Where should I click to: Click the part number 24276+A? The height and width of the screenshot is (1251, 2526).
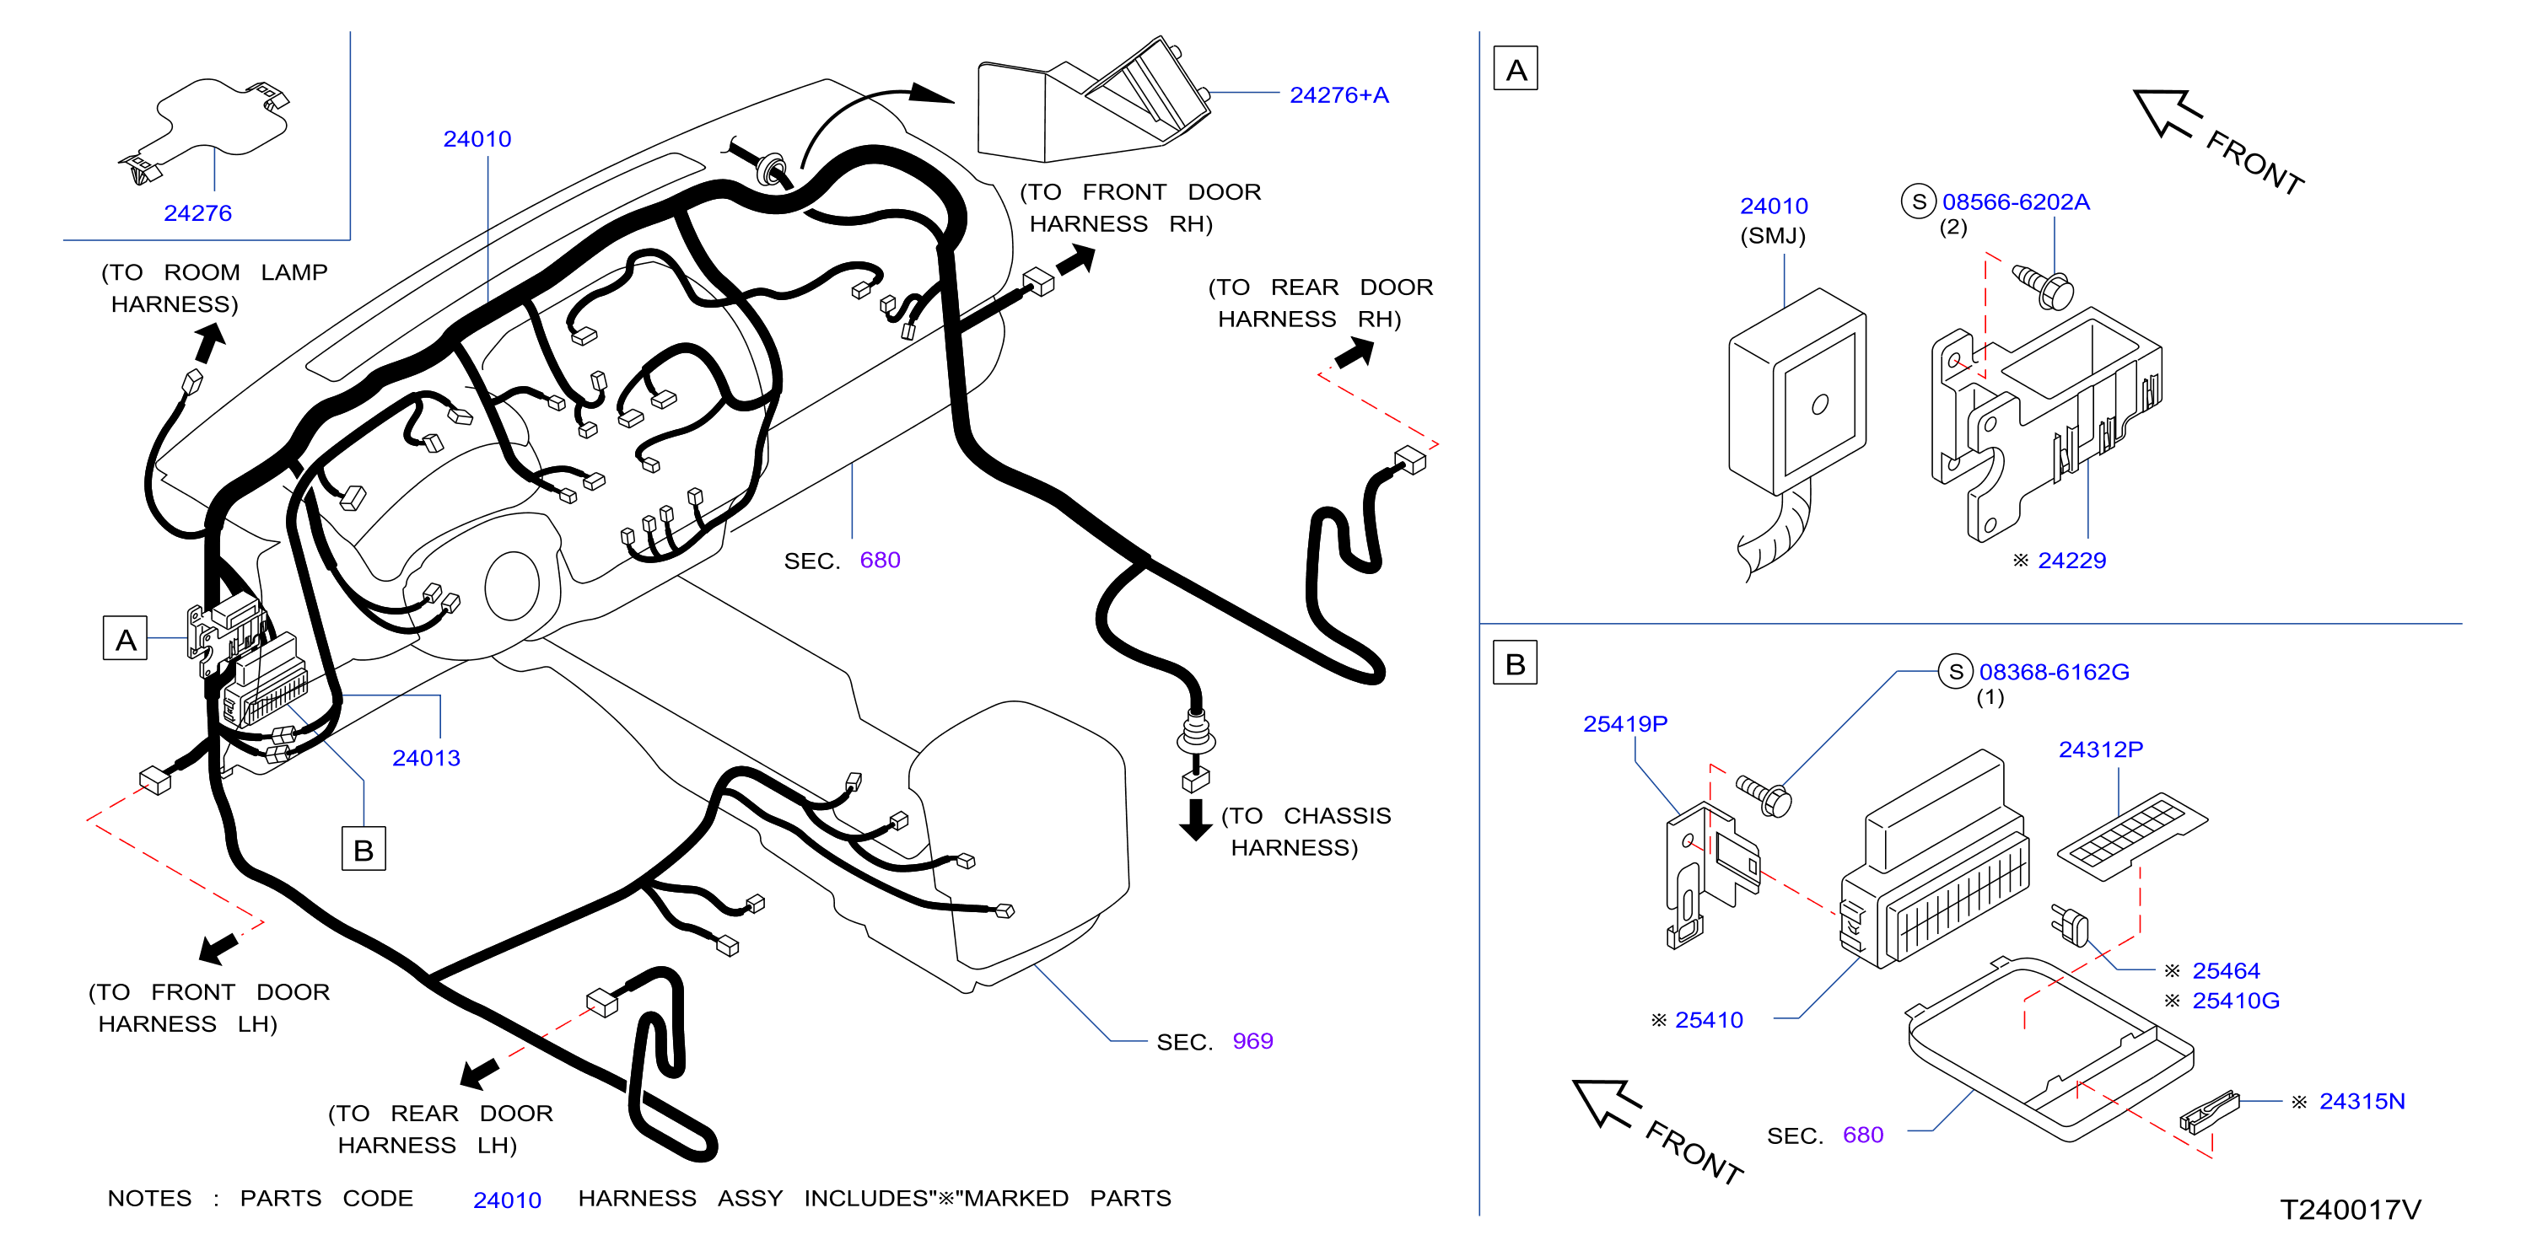click(x=1338, y=95)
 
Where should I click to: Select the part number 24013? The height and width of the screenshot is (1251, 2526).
click(x=426, y=758)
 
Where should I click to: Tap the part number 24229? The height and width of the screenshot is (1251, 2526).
click(x=2071, y=560)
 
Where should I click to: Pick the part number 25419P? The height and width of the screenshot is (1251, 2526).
click(x=1625, y=723)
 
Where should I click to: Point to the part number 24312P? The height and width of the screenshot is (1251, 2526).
click(x=2100, y=749)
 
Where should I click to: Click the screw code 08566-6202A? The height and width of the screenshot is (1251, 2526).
click(x=2015, y=202)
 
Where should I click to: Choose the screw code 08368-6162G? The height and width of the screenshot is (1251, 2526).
click(x=2054, y=672)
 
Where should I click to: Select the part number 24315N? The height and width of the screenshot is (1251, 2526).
click(x=2362, y=1101)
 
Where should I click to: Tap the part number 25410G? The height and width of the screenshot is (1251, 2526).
click(x=2235, y=1000)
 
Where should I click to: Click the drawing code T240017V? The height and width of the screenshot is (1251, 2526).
click(x=2350, y=1210)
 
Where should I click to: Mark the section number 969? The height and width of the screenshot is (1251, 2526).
click(x=1252, y=1040)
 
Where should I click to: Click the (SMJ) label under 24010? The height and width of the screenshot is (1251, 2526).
click(x=1772, y=235)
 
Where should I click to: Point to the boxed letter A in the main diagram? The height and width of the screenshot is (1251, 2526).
click(x=126, y=638)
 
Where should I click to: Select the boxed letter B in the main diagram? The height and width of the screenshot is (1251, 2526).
click(x=363, y=849)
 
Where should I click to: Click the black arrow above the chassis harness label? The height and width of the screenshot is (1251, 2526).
click(x=1195, y=819)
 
